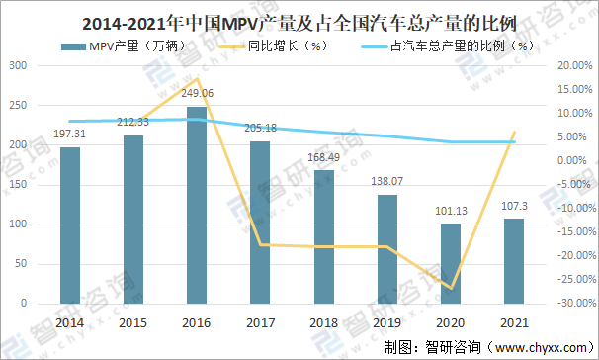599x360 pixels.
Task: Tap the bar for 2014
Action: (69, 226)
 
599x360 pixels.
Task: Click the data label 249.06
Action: (198, 92)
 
